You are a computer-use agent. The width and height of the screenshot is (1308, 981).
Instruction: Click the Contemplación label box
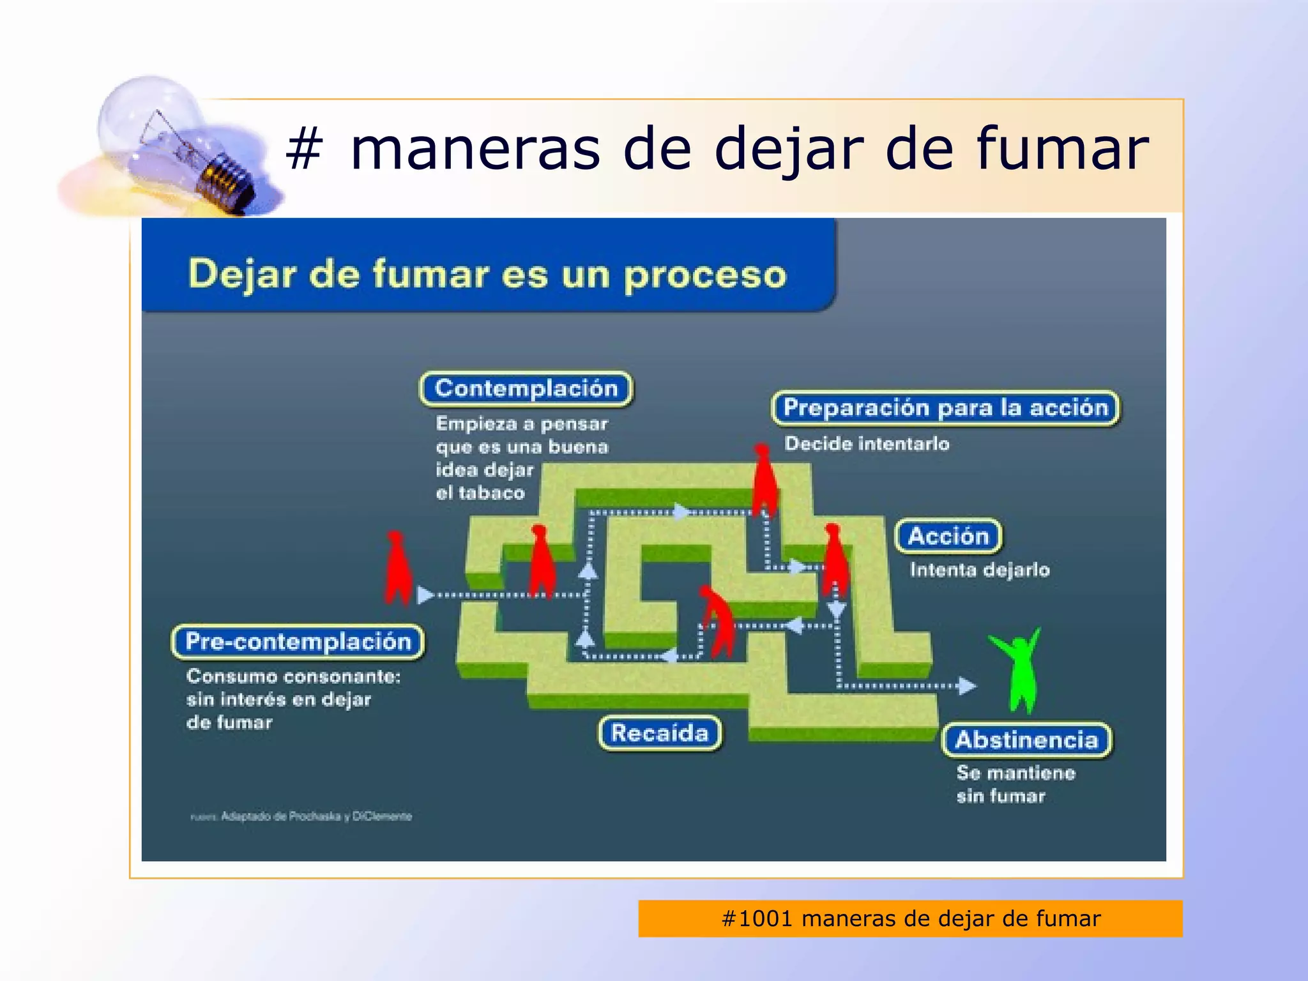pyautogui.click(x=526, y=388)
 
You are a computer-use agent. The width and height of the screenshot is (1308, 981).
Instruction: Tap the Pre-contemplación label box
pyautogui.click(x=298, y=641)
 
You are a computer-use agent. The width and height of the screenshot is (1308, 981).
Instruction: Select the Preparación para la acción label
pyautogui.click(x=945, y=407)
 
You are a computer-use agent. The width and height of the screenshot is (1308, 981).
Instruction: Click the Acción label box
pyautogui.click(x=948, y=536)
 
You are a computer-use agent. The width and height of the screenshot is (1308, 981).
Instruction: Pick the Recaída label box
pyautogui.click(x=660, y=733)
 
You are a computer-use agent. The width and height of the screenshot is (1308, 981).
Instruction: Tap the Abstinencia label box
pyautogui.click(x=1026, y=740)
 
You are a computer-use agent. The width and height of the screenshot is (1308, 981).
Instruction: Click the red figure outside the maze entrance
pyautogui.click(x=397, y=568)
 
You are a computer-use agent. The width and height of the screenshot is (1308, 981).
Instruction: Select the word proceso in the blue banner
pyautogui.click(x=704, y=275)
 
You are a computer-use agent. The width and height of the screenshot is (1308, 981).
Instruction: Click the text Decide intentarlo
pyautogui.click(x=867, y=443)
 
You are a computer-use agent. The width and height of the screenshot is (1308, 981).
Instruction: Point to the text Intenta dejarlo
pyautogui.click(x=979, y=569)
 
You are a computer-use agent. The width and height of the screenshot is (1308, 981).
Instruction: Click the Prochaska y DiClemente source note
pyautogui.click(x=316, y=816)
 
